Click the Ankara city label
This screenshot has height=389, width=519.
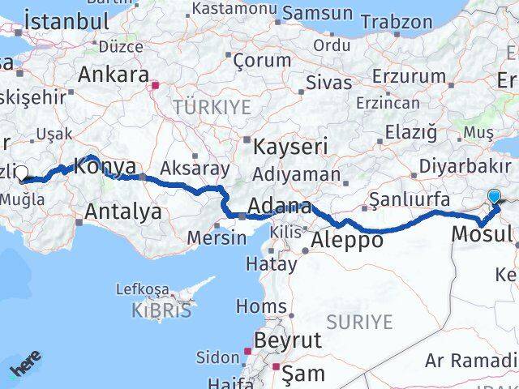click(x=113, y=75)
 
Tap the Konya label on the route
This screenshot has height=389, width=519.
click(x=105, y=168)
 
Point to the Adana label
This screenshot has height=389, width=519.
click(x=280, y=206)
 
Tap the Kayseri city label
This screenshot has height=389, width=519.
click(x=290, y=147)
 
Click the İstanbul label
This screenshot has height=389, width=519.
click(x=66, y=21)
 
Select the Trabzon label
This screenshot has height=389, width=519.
click(x=398, y=22)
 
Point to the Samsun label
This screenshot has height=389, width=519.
click(x=316, y=14)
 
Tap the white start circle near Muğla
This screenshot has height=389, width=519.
click(x=22, y=172)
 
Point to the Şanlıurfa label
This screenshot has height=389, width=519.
click(x=409, y=199)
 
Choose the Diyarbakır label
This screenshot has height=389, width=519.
click(x=465, y=168)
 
